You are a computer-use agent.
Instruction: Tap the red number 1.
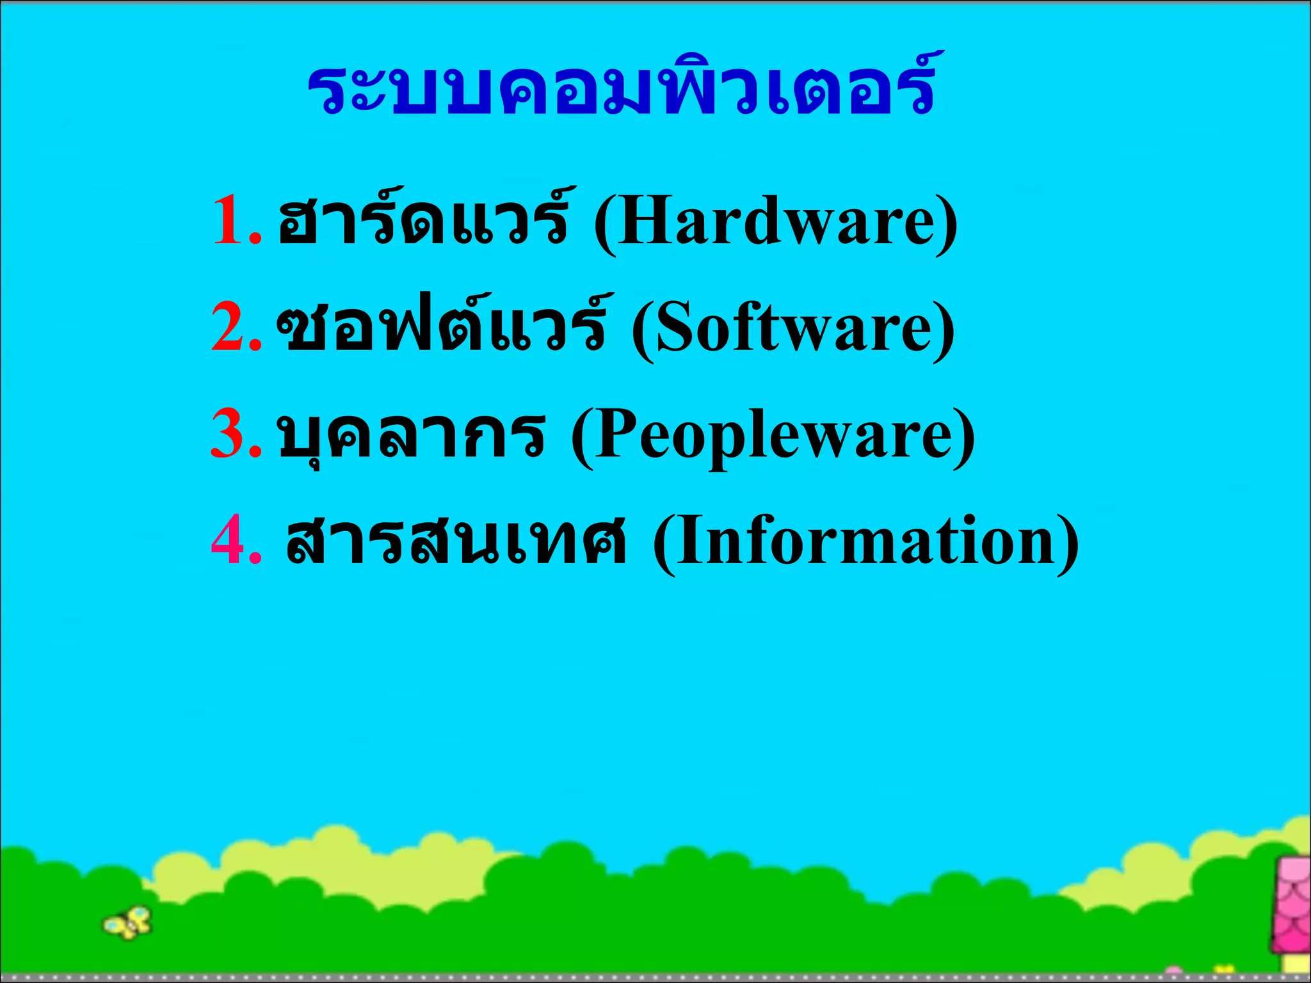(x=229, y=221)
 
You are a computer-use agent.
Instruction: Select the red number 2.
(x=229, y=327)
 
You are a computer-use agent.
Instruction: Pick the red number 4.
(x=229, y=541)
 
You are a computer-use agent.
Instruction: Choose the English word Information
(x=865, y=542)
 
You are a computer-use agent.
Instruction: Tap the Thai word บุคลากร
(x=412, y=435)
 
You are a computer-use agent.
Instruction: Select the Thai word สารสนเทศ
(x=456, y=541)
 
